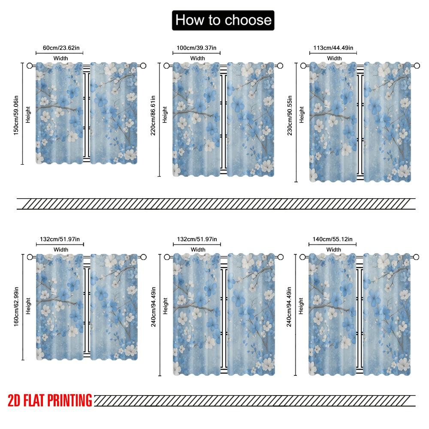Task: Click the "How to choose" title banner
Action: point(223,20)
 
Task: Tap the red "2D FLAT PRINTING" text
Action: point(50,401)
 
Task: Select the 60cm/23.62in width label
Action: point(60,47)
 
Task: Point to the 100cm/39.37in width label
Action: point(197,47)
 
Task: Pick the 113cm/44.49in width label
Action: point(334,47)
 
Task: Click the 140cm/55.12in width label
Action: point(333,239)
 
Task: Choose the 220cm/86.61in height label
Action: point(153,116)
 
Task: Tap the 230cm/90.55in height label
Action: point(290,115)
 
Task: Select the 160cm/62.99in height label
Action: point(16,306)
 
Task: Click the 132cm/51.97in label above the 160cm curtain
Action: point(60,239)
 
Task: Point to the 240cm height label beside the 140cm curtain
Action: point(290,307)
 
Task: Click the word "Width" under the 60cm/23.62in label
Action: point(60,58)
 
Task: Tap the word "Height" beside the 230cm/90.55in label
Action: point(302,115)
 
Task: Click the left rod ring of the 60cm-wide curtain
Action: point(30,66)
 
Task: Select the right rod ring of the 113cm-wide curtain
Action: point(417,66)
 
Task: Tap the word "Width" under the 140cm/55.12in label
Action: point(334,250)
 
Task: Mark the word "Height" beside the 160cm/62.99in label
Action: point(28,306)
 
